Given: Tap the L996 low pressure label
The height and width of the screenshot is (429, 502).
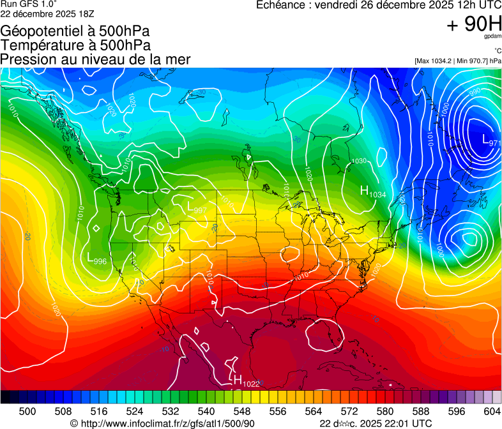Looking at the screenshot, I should coord(96,259).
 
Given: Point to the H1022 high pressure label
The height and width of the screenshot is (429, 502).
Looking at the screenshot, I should coord(245,382).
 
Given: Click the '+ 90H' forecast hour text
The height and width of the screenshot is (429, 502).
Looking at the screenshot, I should coord(473,24).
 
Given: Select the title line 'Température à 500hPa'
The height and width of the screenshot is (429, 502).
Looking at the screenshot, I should coord(75,45).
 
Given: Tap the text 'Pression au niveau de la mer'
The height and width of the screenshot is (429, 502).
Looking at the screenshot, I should coord(95,59).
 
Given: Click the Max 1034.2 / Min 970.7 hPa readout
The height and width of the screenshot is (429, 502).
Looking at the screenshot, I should coord(457,61).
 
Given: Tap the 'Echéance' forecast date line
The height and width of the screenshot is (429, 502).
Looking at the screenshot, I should coord(377,5).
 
